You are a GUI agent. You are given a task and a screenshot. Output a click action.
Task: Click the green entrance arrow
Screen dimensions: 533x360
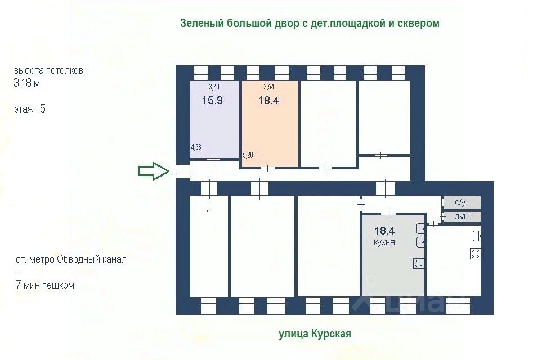click(154, 171)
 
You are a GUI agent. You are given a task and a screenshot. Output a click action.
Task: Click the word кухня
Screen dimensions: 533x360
click(384, 242)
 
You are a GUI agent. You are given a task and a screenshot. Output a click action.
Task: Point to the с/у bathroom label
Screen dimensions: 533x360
click(460, 202)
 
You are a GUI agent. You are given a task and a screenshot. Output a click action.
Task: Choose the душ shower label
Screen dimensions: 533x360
click(462, 217)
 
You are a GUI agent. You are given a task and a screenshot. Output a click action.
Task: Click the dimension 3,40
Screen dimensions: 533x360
click(214, 87)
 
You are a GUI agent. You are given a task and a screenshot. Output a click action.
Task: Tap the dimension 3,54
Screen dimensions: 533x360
click(269, 87)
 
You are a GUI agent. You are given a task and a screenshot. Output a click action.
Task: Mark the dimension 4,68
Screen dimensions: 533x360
click(196, 147)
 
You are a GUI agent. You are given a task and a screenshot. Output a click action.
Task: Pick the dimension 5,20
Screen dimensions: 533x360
click(248, 154)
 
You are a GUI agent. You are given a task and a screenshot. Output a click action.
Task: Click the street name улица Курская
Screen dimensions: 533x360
click(315, 334)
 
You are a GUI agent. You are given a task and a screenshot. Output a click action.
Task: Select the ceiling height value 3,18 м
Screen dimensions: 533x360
click(27, 83)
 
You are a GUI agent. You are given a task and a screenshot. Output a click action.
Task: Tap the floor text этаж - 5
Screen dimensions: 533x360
click(30, 109)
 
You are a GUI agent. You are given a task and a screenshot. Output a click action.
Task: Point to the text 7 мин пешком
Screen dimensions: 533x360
click(44, 285)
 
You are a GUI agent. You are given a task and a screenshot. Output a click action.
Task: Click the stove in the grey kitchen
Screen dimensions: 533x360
click(418, 263)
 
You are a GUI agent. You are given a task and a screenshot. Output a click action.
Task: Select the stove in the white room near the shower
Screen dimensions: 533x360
click(476, 253)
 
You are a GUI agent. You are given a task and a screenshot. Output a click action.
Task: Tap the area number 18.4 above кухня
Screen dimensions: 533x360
click(384, 230)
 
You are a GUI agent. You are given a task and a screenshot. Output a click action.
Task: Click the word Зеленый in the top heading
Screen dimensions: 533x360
click(201, 23)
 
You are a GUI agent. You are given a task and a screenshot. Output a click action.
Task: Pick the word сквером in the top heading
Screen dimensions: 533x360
click(419, 23)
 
